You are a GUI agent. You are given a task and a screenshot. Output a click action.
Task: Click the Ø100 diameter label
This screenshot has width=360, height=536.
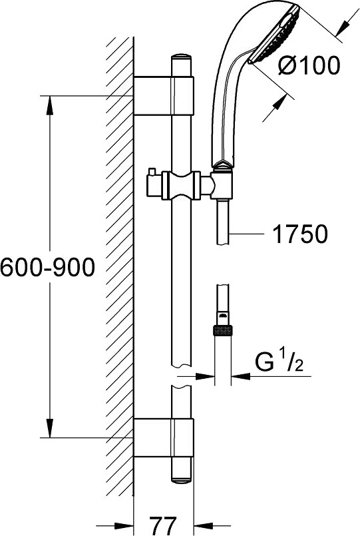309,65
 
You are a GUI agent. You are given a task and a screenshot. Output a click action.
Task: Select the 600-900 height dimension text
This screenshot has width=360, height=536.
47,267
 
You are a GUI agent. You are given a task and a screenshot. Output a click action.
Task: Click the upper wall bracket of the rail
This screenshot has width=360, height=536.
164,96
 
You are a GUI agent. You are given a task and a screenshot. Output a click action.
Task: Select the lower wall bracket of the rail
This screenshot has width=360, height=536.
164,437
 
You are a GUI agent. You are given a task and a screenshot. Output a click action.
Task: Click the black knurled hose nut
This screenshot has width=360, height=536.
223,330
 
